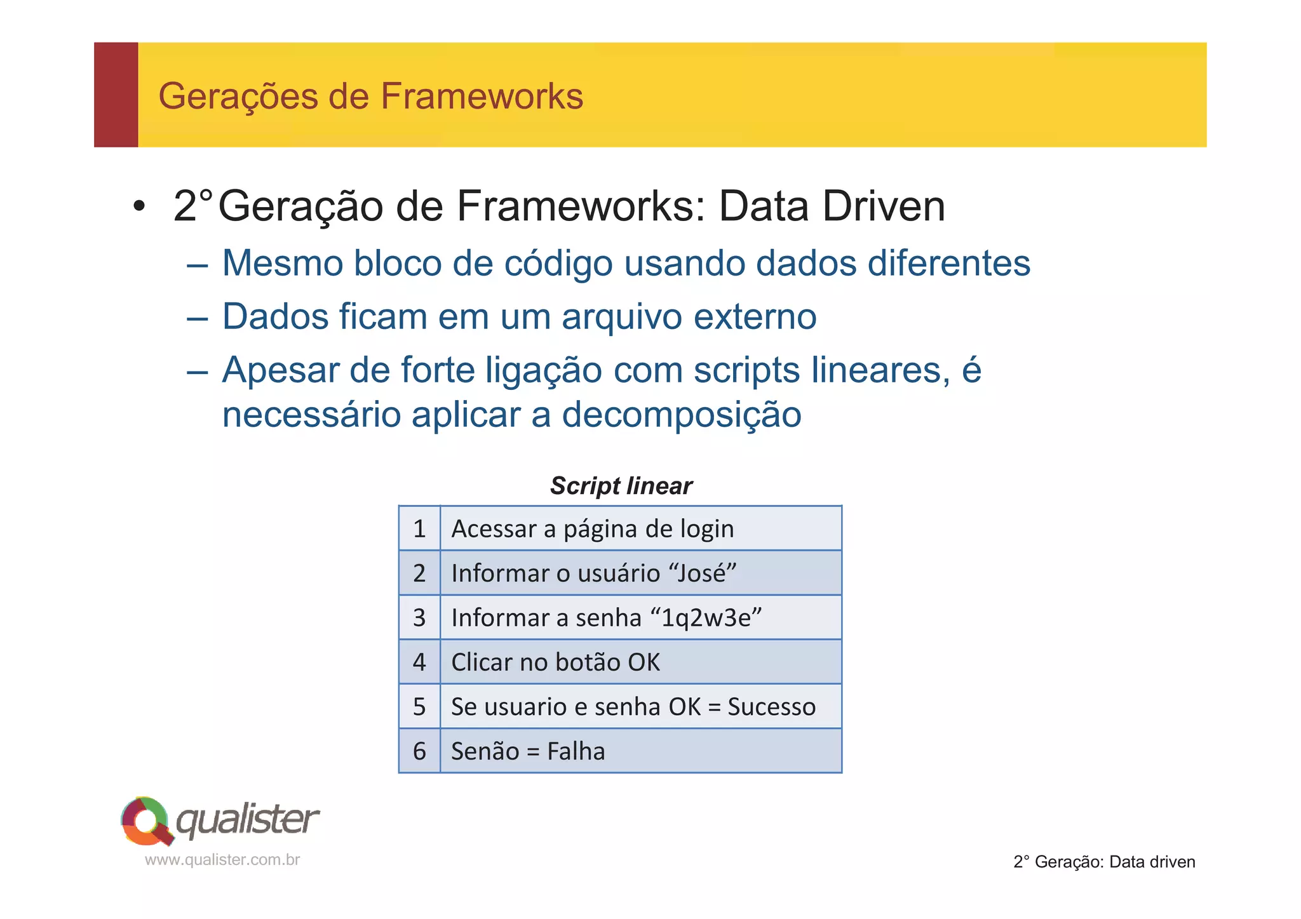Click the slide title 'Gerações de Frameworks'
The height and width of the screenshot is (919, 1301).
tap(370, 97)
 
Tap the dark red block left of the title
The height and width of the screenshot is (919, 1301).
tap(116, 95)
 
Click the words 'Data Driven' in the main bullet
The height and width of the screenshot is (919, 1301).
tap(832, 206)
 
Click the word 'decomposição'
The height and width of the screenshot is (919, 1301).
tap(681, 415)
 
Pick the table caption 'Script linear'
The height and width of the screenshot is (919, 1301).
tap(621, 486)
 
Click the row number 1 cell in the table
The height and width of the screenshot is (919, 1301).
tap(419, 528)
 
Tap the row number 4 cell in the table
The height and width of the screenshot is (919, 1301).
tap(419, 662)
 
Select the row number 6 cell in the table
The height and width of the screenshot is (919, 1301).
tap(419, 751)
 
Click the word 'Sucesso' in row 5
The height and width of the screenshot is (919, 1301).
tap(771, 706)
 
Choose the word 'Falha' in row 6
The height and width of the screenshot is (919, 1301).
tap(576, 751)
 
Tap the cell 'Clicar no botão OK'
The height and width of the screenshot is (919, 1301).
tap(555, 662)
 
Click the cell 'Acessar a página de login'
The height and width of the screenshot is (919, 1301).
tap(592, 528)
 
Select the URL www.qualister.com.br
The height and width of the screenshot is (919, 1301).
tap(222, 860)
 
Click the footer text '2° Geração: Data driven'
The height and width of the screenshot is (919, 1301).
tap(1104, 862)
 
